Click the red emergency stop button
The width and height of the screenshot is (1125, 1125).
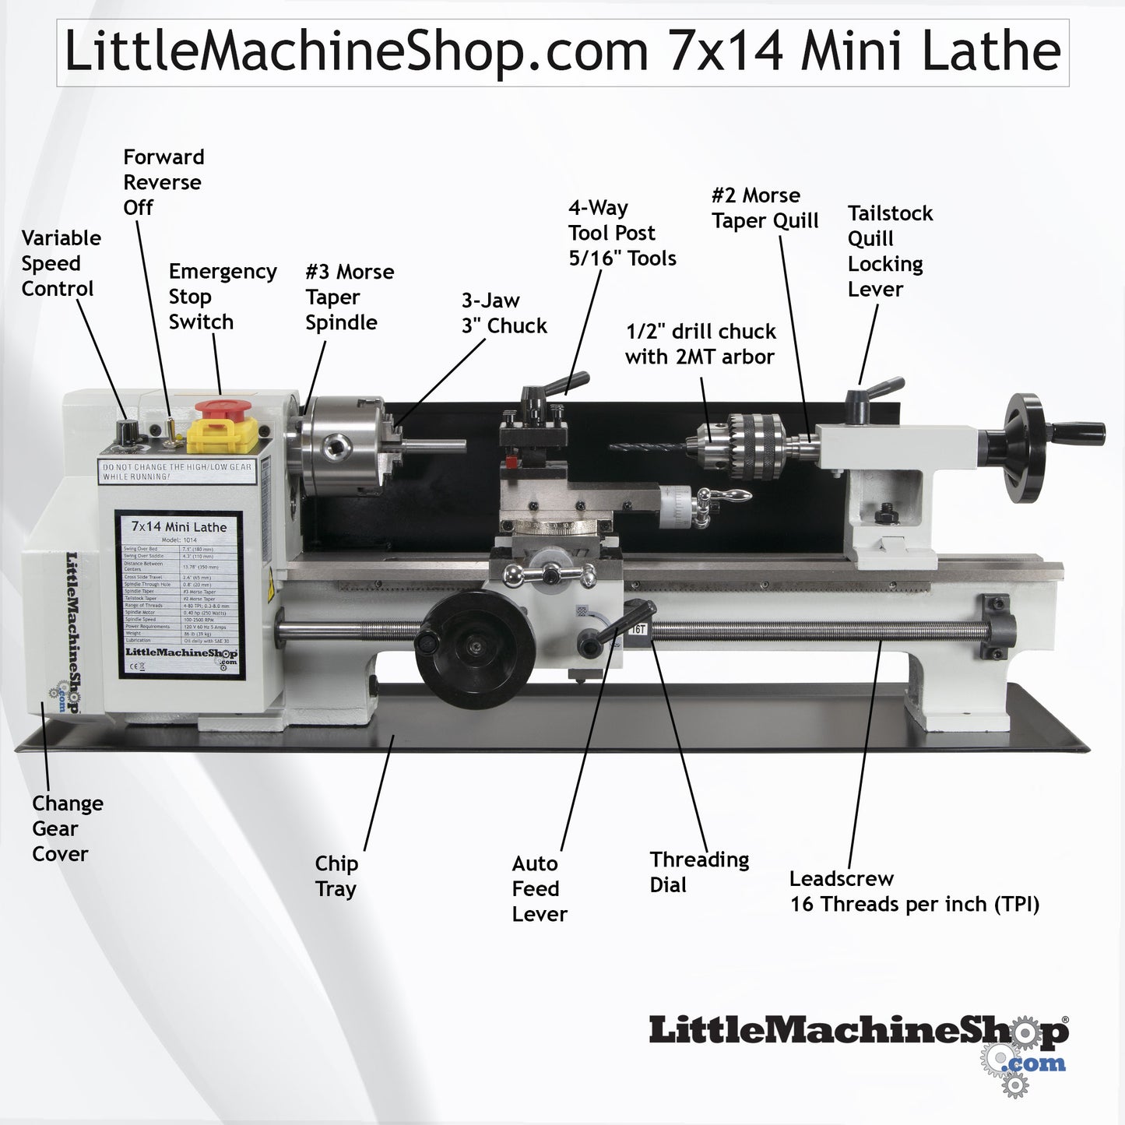coord(223,409)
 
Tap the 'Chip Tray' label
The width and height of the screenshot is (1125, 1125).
coord(336,876)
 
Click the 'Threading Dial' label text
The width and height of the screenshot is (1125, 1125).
coord(698,872)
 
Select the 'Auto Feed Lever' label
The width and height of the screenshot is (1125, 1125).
coord(539,888)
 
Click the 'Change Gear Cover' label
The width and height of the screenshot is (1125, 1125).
coord(67,828)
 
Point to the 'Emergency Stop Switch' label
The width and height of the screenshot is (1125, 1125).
coord(222,297)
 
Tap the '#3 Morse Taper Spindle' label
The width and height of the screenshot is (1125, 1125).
coord(349,297)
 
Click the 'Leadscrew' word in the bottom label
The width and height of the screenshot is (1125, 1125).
coord(841,879)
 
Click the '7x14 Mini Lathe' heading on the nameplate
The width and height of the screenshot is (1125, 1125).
coord(179,527)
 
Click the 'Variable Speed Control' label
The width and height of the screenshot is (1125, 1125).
coord(61,263)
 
